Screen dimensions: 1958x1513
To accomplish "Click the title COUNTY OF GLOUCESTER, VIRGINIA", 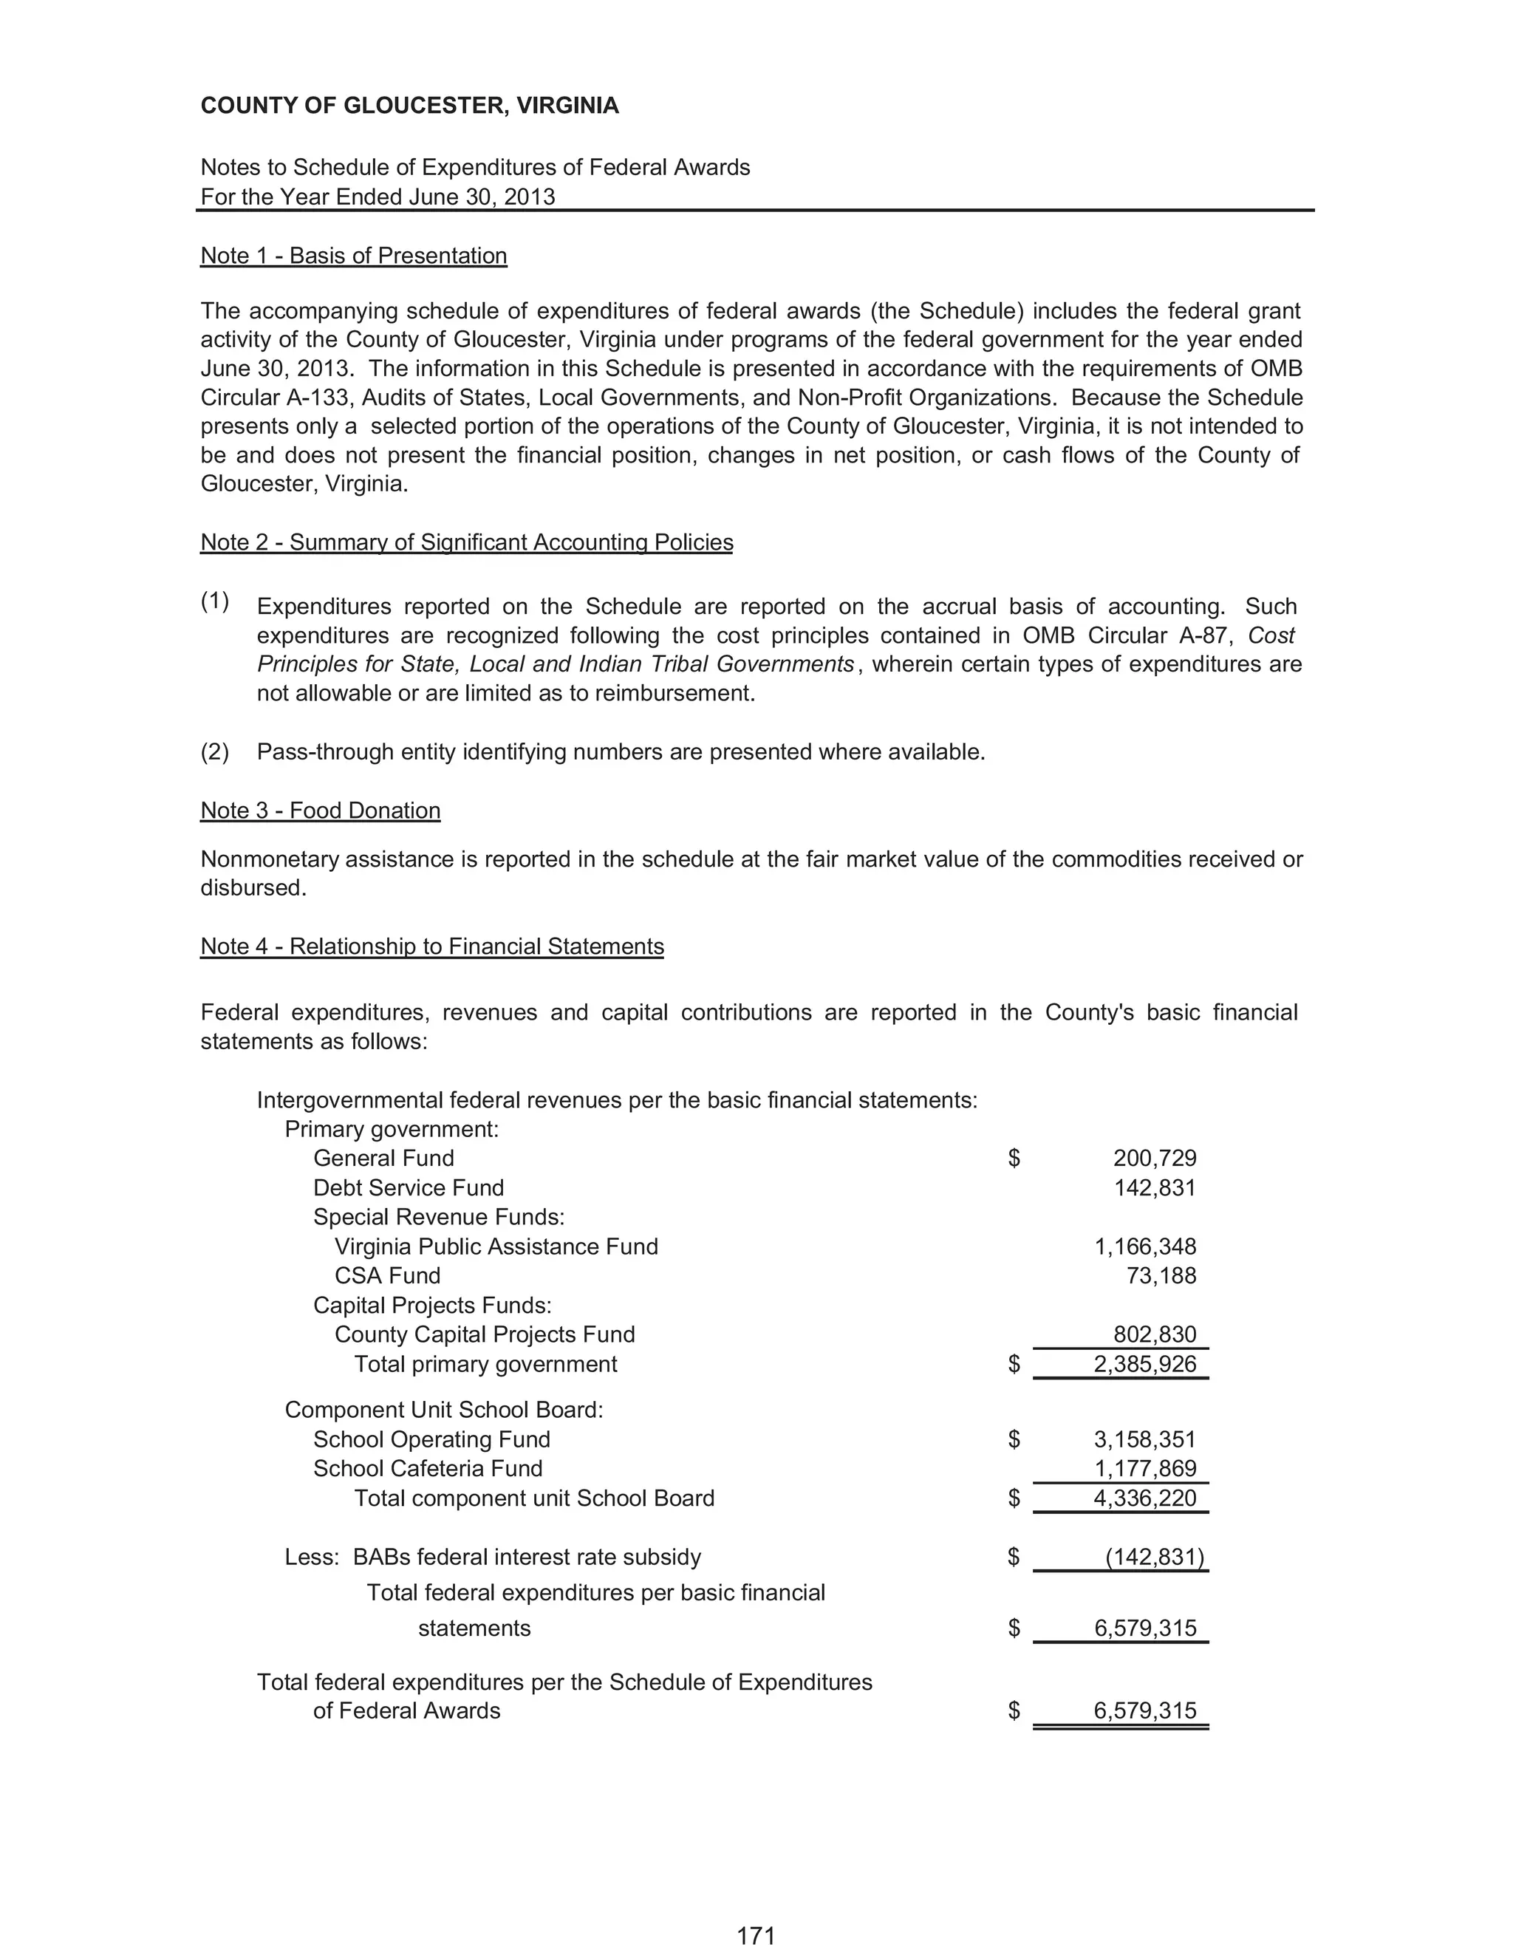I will (409, 106).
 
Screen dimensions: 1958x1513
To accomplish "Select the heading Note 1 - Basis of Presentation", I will (353, 256).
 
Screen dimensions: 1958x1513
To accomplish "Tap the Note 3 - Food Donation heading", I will (320, 811).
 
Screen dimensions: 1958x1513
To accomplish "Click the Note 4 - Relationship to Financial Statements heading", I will (432, 946).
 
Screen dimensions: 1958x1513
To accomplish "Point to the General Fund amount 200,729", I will (1155, 1159).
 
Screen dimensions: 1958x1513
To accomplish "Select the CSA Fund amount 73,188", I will (1161, 1276).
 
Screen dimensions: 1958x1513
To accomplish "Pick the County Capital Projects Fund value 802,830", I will (1155, 1335).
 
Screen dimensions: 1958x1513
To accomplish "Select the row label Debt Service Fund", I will (408, 1188).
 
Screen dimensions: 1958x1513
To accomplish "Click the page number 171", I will (756, 1937).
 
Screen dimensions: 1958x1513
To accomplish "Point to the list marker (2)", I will (215, 751).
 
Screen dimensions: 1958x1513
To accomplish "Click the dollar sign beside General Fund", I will (1014, 1159).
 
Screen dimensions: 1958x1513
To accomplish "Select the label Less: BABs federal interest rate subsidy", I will (492, 1558).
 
